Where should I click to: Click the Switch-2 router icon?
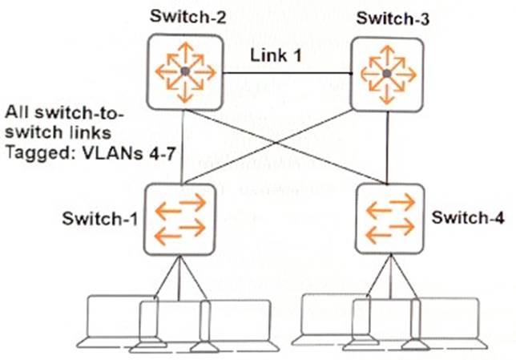[184, 72]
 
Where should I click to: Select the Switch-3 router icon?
[386, 73]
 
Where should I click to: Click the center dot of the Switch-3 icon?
[386, 73]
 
